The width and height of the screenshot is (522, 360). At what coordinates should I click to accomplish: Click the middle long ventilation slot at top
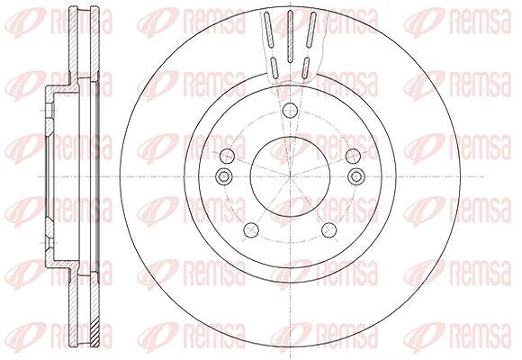tap(290, 36)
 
